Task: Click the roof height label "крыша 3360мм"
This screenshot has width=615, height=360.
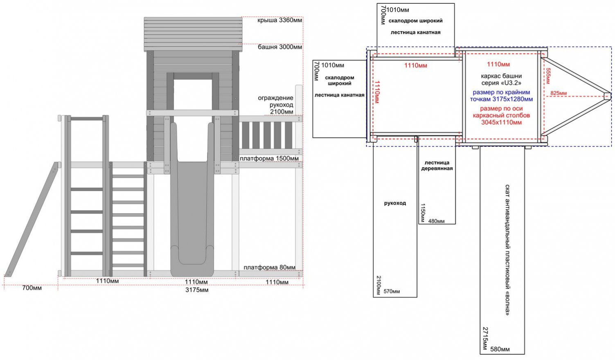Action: (280, 20)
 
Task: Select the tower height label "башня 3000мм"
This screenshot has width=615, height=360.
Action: (280, 47)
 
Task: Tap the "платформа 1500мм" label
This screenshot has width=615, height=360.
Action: (269, 158)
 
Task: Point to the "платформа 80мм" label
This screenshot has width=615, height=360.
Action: (269, 267)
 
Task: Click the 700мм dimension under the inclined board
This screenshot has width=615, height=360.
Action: (32, 288)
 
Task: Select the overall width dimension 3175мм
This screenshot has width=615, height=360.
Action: (197, 290)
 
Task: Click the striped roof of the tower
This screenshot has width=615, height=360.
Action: (193, 34)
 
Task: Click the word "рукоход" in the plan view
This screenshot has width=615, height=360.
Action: (395, 203)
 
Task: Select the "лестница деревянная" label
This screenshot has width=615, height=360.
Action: (437, 165)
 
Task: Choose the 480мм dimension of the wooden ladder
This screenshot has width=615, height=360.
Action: (436, 221)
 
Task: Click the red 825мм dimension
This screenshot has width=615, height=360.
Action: (559, 93)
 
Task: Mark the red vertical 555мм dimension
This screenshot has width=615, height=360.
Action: (548, 76)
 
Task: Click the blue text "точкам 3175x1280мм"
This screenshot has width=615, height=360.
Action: (501, 99)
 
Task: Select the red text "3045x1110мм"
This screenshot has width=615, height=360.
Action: (501, 122)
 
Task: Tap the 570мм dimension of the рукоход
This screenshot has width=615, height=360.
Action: (392, 291)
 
